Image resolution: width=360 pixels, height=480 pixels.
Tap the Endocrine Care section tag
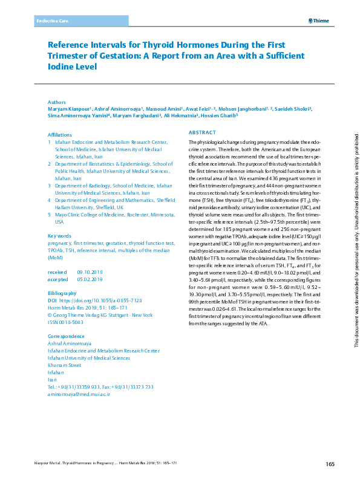click(53, 21)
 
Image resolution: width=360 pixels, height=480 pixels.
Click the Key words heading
click(60, 236)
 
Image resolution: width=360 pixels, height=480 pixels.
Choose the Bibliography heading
click(62, 293)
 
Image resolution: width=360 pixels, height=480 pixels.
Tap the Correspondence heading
click(66, 336)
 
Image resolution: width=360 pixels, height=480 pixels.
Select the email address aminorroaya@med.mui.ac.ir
click(79, 394)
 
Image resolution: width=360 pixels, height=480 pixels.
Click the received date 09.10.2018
click(90, 273)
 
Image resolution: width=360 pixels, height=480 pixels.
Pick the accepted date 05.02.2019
click(90, 280)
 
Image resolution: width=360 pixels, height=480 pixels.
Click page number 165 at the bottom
click(330, 464)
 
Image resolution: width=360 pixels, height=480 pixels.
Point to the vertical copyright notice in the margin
click(348, 235)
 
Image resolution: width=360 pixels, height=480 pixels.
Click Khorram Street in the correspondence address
click(64, 365)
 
